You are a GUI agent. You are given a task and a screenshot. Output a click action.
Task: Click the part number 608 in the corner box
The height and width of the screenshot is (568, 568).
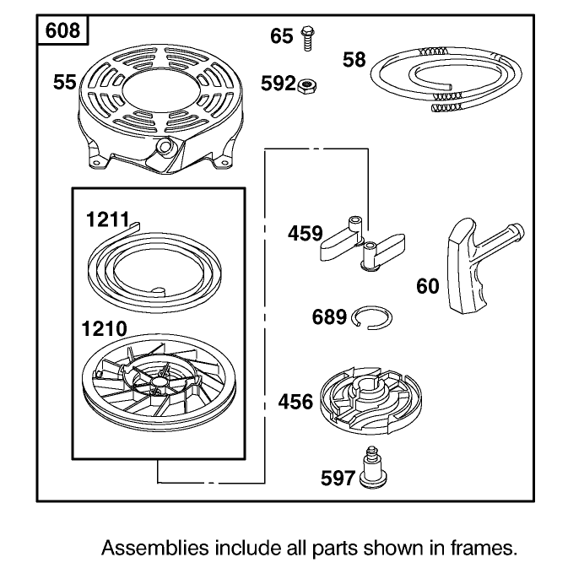[62, 30]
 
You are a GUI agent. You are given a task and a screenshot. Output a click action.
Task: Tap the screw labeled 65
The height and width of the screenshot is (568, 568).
[307, 38]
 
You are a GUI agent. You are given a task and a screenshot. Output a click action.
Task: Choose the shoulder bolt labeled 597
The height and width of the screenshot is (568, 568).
[373, 467]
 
